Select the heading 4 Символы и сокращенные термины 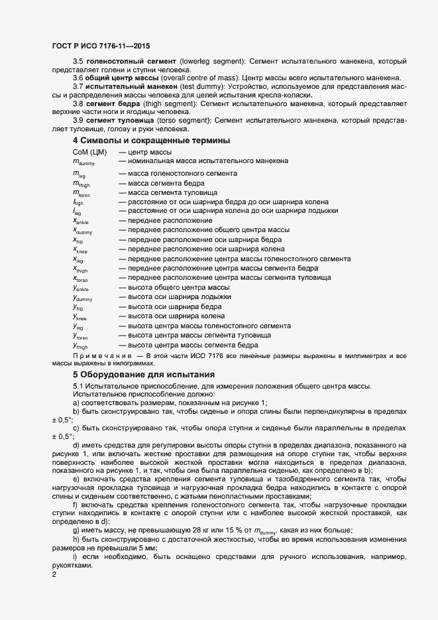tap(142, 141)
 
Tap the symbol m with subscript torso tap(81, 193)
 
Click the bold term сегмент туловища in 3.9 tap(113, 119)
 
